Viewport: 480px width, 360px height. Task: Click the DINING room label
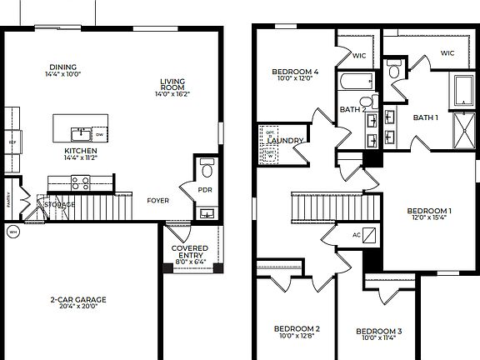point(63,67)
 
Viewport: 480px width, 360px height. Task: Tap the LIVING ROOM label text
point(173,85)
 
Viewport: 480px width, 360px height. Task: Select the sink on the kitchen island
point(80,133)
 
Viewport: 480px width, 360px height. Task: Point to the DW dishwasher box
point(99,133)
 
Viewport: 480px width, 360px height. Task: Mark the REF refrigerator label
point(12,142)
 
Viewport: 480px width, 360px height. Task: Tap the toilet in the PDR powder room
point(207,171)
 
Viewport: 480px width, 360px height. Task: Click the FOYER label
point(158,200)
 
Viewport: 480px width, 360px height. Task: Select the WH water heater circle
point(12,232)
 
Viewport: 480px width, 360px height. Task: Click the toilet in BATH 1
point(394,71)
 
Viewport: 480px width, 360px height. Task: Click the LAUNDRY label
point(286,140)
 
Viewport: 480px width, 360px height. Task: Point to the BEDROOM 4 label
point(296,72)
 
